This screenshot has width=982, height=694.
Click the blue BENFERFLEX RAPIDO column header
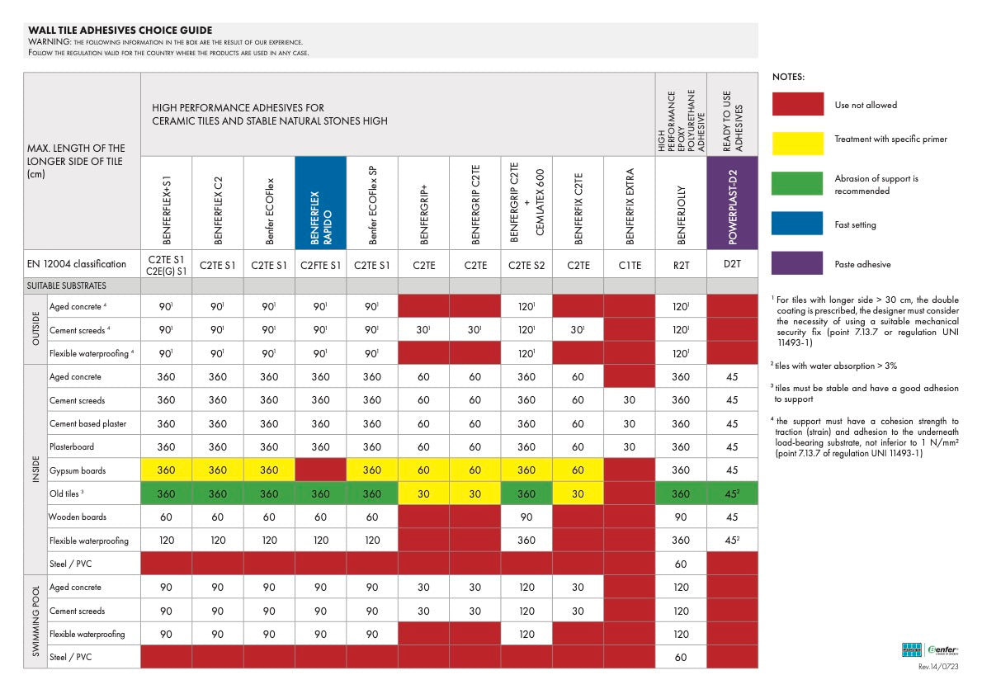pos(321,203)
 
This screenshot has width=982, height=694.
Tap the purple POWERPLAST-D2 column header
pos(732,203)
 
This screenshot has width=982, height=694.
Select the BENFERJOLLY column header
pos(682,203)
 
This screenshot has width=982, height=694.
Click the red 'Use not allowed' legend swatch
pos(797,104)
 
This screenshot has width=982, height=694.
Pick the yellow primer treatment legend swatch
pos(797,144)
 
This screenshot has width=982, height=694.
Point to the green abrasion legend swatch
pos(797,183)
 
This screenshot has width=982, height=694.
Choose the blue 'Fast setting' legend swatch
pos(797,223)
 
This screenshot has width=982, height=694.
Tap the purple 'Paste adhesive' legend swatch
pos(797,263)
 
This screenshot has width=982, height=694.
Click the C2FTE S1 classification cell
pos(321,265)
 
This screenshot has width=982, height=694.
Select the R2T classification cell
pos(682,265)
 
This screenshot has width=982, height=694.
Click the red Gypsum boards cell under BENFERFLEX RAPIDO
pos(321,470)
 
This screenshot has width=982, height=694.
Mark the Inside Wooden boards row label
pos(78,517)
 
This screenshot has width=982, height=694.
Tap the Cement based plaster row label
pos(87,423)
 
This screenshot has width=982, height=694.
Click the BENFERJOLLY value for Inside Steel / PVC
pos(681,564)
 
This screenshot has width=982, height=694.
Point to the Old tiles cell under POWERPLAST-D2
pos(732,493)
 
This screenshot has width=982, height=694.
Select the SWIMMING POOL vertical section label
pos(35,621)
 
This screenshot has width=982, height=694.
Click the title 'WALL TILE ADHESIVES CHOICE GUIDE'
pos(120,30)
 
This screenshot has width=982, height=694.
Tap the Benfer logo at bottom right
pos(930,649)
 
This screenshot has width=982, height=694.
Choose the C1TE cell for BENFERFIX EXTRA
pos(630,265)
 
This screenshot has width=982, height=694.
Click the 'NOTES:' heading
pos(788,77)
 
